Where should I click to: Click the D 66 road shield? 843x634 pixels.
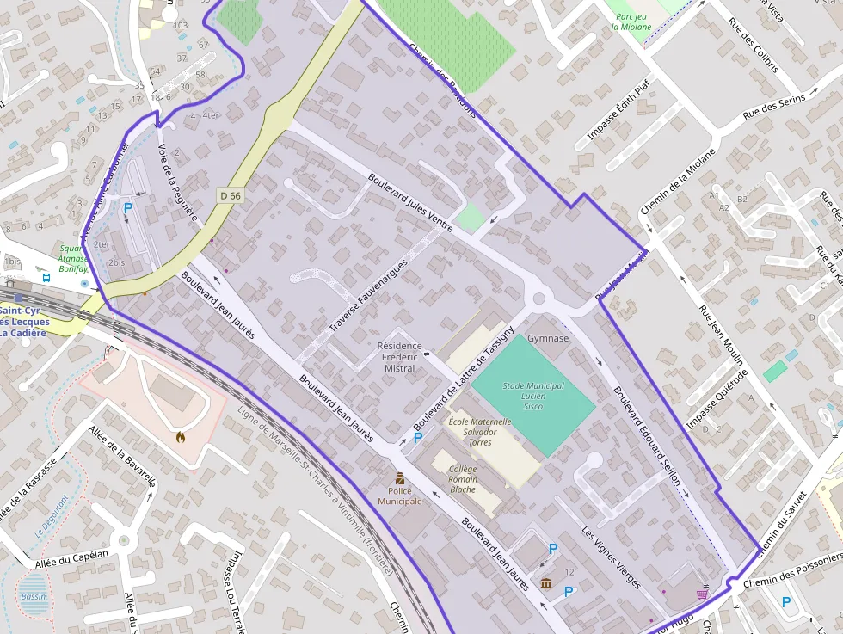click(x=231, y=195)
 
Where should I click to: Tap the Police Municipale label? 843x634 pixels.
click(x=400, y=496)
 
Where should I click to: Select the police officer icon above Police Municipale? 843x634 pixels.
click(x=400, y=477)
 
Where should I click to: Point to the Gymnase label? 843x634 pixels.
click(x=548, y=338)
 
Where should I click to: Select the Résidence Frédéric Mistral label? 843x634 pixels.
click(x=400, y=357)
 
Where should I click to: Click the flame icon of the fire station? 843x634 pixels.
click(x=180, y=437)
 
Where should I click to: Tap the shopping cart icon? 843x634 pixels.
click(x=702, y=594)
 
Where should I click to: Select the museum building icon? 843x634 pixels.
click(x=546, y=585)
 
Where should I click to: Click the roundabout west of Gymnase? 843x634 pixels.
click(x=540, y=300)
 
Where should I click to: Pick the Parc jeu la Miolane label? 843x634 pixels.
click(x=632, y=21)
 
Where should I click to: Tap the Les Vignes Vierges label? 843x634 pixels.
click(x=611, y=557)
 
